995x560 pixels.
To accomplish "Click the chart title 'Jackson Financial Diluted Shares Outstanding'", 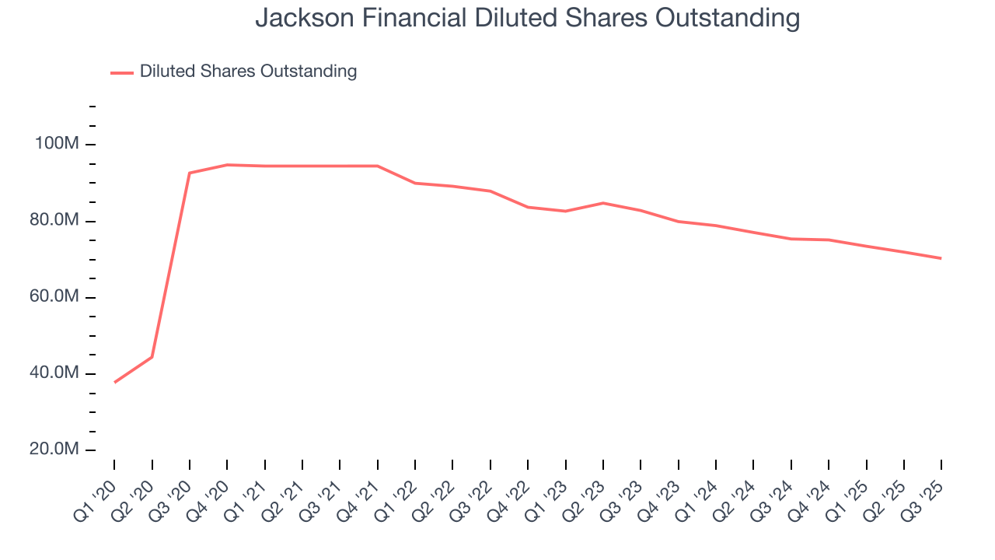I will [527, 18].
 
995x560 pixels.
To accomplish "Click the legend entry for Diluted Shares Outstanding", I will [248, 72].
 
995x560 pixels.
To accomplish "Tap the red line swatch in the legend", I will [122, 72].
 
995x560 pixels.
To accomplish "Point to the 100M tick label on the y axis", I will [57, 145].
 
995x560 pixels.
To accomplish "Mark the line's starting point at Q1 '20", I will [114, 383].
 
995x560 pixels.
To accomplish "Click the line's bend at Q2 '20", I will [152, 357].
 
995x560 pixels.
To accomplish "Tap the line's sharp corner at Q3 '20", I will [190, 173].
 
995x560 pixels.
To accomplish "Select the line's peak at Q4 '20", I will [227, 165].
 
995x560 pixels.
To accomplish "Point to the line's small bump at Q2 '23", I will [603, 203].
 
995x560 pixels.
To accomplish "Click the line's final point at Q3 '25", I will [941, 258].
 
